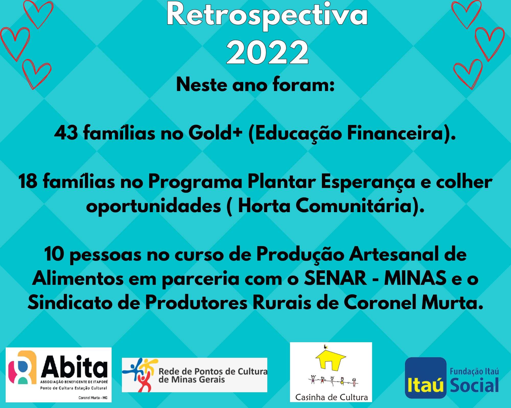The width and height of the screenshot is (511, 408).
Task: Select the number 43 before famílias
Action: click(x=66, y=133)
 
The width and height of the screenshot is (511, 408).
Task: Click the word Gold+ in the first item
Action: click(x=215, y=133)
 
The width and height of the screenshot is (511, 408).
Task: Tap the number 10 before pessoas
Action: click(x=54, y=254)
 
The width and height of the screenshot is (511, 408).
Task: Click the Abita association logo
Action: click(x=59, y=375)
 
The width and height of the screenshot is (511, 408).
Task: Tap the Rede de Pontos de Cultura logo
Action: click(x=194, y=375)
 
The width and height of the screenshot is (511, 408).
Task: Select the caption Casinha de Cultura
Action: click(x=331, y=397)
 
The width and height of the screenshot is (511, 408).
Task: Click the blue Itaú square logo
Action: click(x=426, y=378)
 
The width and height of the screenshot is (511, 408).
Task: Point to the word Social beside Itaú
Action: click(x=474, y=385)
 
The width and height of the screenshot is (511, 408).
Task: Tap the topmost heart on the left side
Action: click(x=38, y=14)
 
